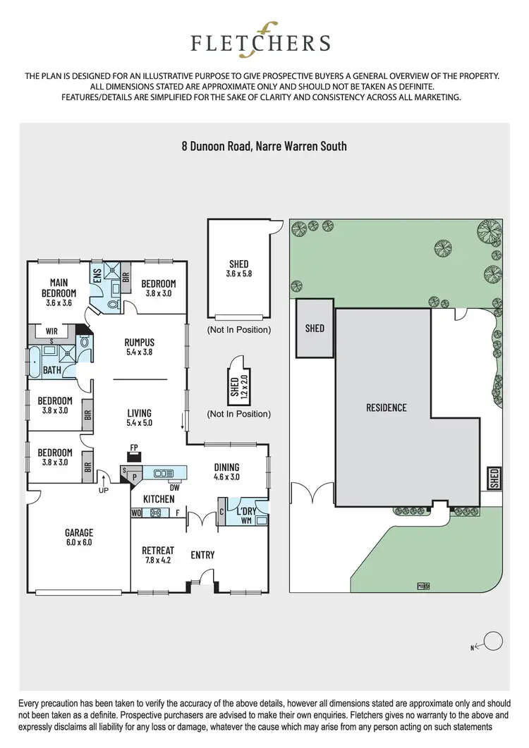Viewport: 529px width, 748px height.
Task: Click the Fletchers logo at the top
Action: pyautogui.click(x=260, y=43)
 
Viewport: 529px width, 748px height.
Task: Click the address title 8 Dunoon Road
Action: pyautogui.click(x=264, y=147)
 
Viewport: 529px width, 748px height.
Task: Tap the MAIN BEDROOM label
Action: pyautogui.click(x=59, y=288)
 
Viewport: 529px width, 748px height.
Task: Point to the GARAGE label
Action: pyautogui.click(x=79, y=533)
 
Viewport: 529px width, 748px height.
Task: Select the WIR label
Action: pyautogui.click(x=51, y=330)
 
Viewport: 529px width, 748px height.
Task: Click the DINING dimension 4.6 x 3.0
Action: pyautogui.click(x=226, y=477)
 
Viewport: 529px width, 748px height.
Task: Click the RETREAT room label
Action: pyautogui.click(x=158, y=550)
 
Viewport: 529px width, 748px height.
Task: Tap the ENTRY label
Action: pyautogui.click(x=202, y=556)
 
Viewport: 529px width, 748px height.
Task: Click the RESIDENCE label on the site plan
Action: pyautogui.click(x=386, y=407)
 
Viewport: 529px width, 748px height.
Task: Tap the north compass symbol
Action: pyautogui.click(x=492, y=641)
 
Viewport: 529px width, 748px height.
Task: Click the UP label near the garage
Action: pyautogui.click(x=104, y=489)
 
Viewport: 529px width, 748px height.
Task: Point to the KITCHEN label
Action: pyautogui.click(x=159, y=499)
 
